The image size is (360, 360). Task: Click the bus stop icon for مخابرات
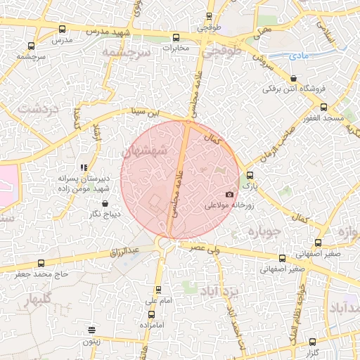[175, 38]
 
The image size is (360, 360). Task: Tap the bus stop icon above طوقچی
[203, 18]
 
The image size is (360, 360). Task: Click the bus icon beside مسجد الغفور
[323, 107]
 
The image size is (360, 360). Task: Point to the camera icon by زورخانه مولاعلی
[229, 195]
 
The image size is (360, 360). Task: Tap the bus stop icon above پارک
[250, 176]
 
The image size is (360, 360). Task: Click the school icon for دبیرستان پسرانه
[84, 167]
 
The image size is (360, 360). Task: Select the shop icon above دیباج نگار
[105, 204]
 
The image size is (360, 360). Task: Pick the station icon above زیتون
[91, 330]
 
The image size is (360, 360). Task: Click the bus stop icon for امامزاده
[151, 314]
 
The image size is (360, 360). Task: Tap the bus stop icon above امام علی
[157, 289]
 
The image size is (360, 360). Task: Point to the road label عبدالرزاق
[127, 250]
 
